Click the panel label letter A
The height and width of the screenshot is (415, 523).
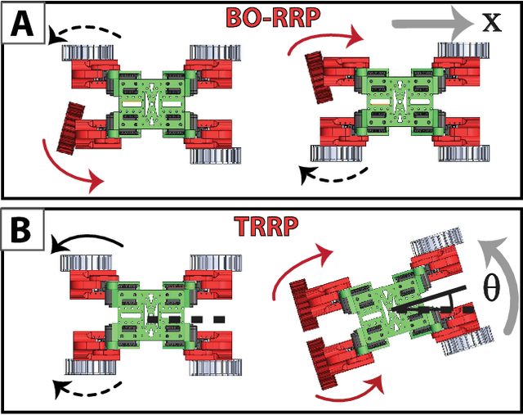click(21, 23)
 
